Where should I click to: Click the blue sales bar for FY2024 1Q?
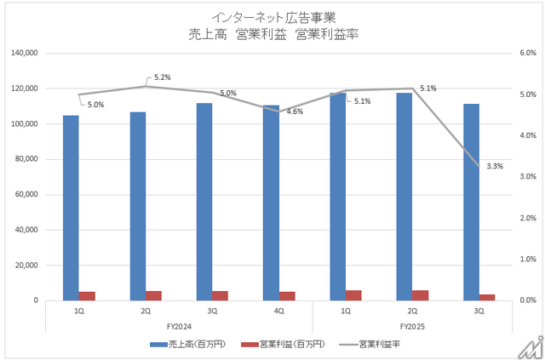(71, 208)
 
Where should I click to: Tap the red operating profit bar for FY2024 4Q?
(287, 296)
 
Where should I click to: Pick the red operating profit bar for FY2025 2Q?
(421, 295)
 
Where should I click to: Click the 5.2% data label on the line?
(162, 77)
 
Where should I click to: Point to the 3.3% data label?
(494, 166)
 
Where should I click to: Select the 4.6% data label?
(295, 111)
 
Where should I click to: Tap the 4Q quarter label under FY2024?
(278, 312)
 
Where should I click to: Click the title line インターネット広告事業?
(271, 16)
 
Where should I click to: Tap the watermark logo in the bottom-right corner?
(531, 346)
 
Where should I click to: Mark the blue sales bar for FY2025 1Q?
(338, 197)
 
